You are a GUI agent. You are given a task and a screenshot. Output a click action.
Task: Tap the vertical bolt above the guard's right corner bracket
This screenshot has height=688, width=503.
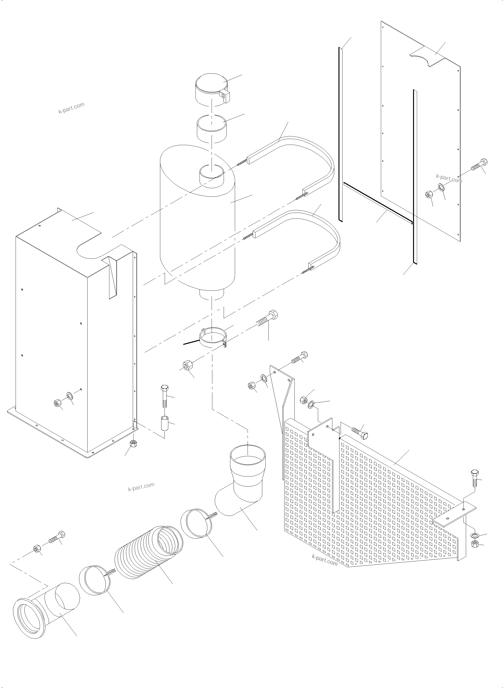tap(475, 484)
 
